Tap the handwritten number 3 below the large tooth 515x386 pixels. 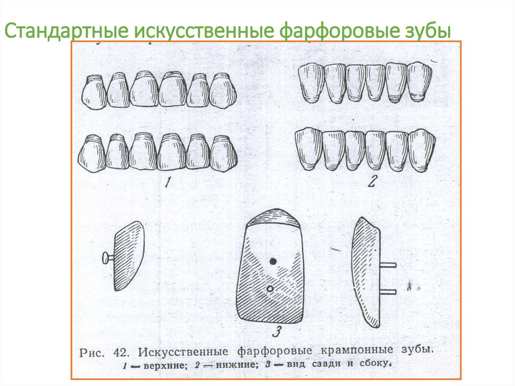click(x=276, y=332)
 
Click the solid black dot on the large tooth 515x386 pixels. click(x=273, y=261)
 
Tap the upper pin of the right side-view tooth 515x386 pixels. click(x=388, y=264)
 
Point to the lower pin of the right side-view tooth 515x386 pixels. click(x=388, y=291)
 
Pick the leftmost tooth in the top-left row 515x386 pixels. click(x=94, y=92)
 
